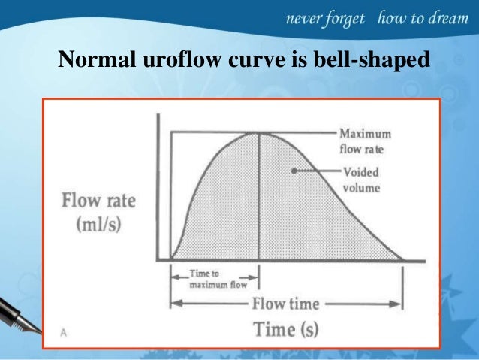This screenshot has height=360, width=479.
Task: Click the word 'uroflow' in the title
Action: (161, 58)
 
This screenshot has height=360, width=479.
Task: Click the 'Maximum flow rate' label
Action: (365, 141)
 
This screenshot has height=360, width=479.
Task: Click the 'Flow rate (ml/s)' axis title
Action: (98, 214)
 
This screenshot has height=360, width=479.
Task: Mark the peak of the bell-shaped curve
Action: (259, 133)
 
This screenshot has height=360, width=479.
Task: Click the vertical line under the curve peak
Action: (259, 203)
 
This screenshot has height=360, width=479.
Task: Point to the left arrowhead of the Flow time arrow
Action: (174, 304)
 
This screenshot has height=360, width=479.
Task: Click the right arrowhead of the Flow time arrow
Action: (400, 304)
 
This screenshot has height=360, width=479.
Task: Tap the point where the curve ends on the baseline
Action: (403, 260)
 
